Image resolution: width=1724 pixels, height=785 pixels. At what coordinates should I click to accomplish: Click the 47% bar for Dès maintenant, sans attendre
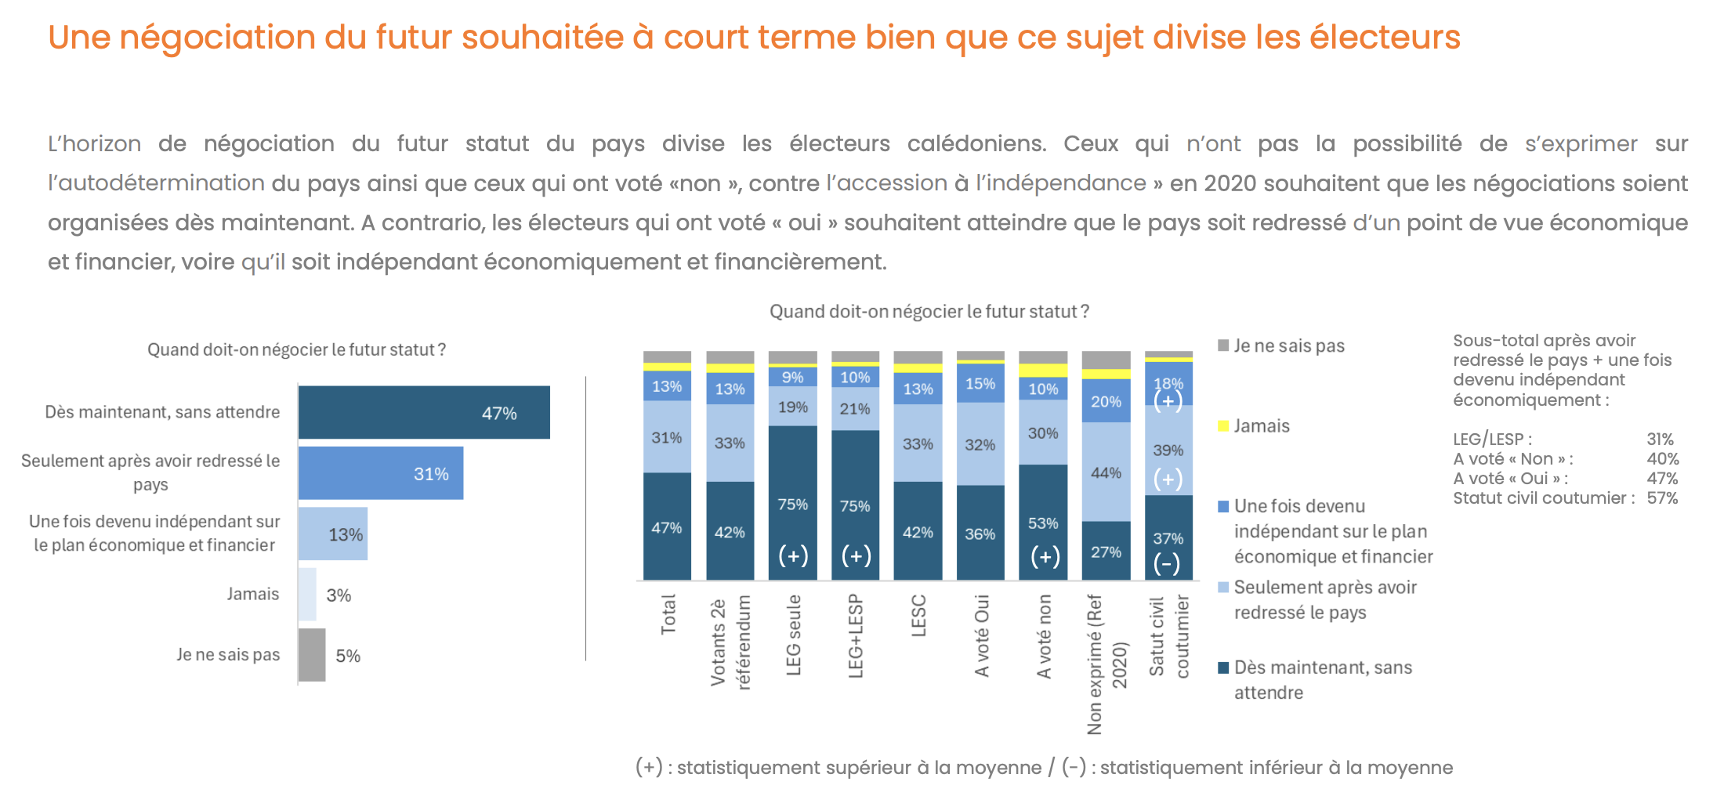pyautogui.click(x=423, y=412)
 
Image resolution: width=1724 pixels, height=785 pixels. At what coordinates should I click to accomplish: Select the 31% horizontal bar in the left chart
pyautogui.click(x=381, y=473)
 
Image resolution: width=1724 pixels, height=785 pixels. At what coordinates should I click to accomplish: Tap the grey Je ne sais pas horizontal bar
pyautogui.click(x=312, y=655)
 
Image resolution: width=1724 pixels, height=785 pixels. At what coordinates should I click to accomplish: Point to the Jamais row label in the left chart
pyautogui.click(x=252, y=594)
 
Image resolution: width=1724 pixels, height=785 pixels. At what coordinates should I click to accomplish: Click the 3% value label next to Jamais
pyautogui.click(x=339, y=595)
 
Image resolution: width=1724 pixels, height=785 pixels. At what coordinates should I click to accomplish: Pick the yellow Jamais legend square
pyautogui.click(x=1223, y=426)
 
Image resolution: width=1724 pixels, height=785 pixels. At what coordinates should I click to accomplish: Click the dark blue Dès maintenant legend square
pyautogui.click(x=1223, y=667)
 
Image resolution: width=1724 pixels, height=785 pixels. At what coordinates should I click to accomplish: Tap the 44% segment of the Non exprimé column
pyautogui.click(x=1106, y=472)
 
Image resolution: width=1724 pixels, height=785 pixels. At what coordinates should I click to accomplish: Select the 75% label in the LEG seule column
pyautogui.click(x=792, y=505)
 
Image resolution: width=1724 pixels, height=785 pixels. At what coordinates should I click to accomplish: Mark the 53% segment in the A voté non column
pyautogui.click(x=1043, y=523)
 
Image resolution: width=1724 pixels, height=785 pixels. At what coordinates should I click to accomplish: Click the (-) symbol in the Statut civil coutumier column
pyautogui.click(x=1167, y=563)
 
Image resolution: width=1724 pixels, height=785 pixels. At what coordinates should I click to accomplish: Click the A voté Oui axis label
pyautogui.click(x=981, y=635)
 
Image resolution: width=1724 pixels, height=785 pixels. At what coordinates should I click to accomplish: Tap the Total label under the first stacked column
pyautogui.click(x=668, y=614)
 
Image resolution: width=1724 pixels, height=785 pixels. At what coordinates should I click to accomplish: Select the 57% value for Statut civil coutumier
pyautogui.click(x=1662, y=498)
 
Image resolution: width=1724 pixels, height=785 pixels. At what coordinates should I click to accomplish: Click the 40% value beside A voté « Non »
pyautogui.click(x=1662, y=459)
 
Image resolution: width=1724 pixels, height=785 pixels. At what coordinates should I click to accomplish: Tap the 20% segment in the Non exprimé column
pyautogui.click(x=1106, y=401)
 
